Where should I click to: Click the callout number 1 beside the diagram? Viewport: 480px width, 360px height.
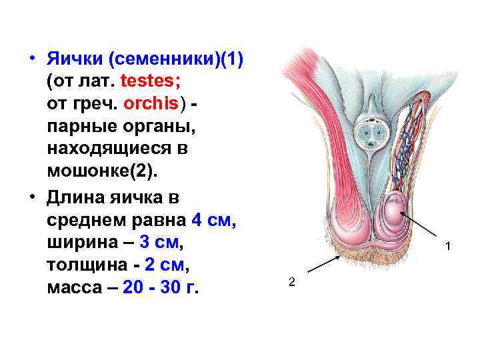[x=449, y=248]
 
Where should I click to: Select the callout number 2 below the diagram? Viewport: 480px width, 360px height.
[x=291, y=282]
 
